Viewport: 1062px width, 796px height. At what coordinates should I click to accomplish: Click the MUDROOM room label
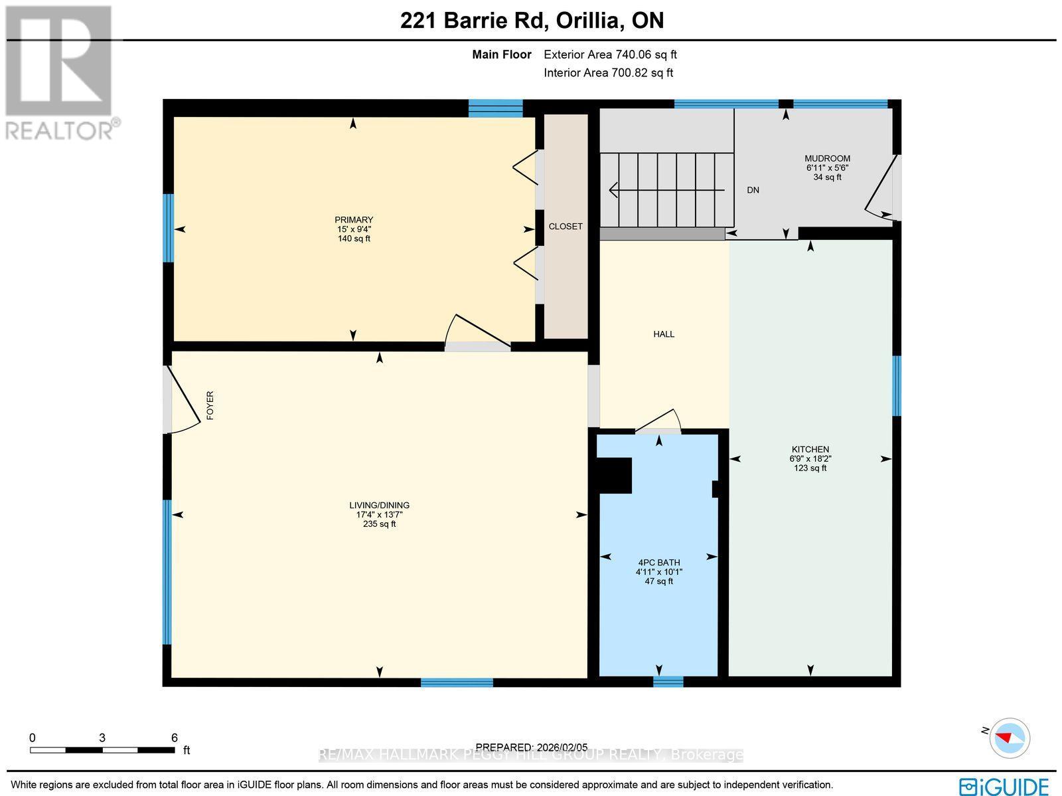click(x=827, y=159)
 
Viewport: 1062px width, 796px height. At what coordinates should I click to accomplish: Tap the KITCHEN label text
click(x=810, y=449)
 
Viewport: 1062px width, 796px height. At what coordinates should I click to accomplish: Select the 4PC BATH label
click(x=658, y=563)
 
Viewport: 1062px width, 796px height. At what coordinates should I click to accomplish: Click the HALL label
click(x=664, y=334)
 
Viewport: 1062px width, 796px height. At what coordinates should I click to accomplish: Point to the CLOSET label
click(x=566, y=227)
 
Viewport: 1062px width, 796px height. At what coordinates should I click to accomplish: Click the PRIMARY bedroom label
click(x=354, y=220)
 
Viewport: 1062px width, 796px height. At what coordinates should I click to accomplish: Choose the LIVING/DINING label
click(x=379, y=506)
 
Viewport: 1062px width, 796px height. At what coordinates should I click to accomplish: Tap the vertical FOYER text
click(x=210, y=405)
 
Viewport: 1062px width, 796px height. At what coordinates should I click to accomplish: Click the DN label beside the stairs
click(x=753, y=190)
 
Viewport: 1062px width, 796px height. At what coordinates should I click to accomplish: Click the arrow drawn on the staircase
click(x=664, y=191)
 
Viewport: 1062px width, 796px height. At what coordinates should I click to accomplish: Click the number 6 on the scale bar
click(x=174, y=738)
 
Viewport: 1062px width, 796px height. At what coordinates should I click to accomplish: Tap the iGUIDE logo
click(x=1004, y=786)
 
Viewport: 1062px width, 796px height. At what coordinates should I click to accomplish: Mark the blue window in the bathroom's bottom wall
click(x=668, y=681)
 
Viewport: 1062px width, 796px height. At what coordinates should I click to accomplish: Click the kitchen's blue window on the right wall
click(x=896, y=385)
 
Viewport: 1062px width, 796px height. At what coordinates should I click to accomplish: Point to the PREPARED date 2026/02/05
click(x=532, y=747)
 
